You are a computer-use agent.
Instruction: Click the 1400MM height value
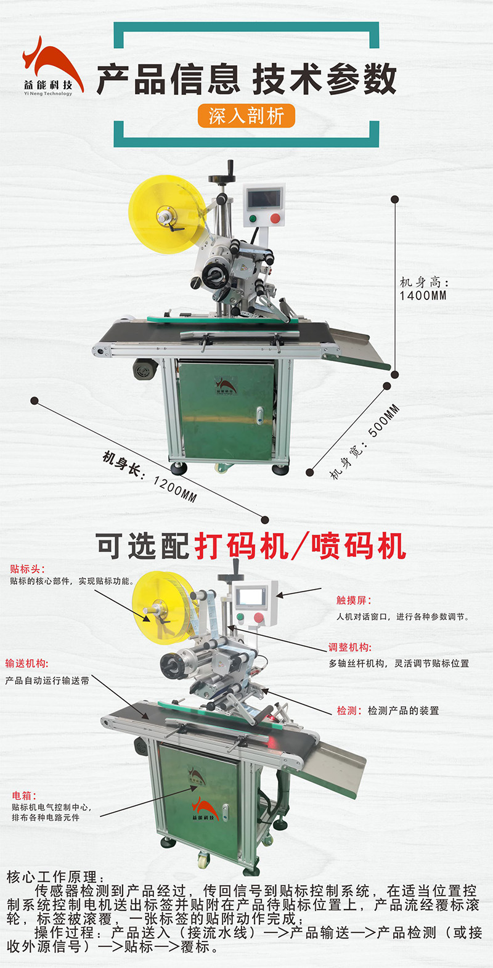point(423,296)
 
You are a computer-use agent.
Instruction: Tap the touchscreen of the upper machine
point(263,199)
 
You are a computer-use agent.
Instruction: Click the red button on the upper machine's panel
point(275,219)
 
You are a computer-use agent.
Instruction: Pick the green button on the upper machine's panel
point(253,219)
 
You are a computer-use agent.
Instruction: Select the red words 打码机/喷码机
point(300,546)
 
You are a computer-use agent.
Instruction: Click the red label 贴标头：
point(27,569)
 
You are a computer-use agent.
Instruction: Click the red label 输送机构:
point(26,664)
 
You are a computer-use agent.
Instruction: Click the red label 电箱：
point(25,796)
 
